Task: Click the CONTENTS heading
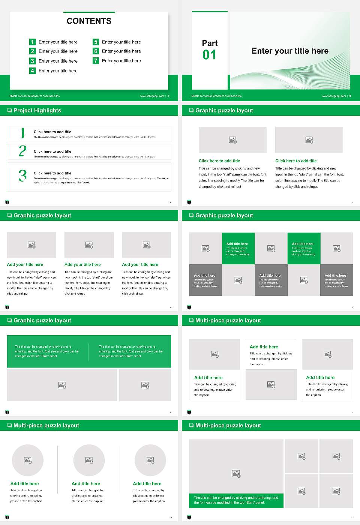[x=89, y=21]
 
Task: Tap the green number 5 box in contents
[x=96, y=42]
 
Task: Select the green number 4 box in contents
[x=32, y=70]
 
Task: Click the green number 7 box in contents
[x=96, y=61]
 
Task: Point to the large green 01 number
[x=209, y=55]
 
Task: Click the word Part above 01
[x=210, y=43]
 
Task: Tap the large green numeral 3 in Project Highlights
[x=22, y=175]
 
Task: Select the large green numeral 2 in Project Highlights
[x=22, y=151]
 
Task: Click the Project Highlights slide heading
[x=37, y=111]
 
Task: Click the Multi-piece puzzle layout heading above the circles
[x=46, y=426]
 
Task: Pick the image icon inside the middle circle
[x=89, y=460]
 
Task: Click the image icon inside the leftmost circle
[x=28, y=460]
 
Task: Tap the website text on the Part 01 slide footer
[x=334, y=96]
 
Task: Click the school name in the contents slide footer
[x=34, y=96]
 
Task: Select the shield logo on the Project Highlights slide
[x=7, y=202]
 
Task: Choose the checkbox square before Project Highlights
[x=10, y=110]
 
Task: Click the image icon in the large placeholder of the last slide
[x=236, y=474]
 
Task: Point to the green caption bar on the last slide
[x=236, y=500]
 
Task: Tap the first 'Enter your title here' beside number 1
[x=58, y=42]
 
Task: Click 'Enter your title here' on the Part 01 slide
[x=290, y=51]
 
